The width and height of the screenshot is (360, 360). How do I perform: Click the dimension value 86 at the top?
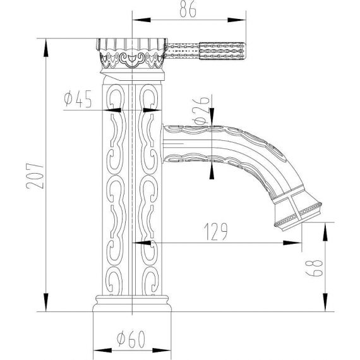point(188,9)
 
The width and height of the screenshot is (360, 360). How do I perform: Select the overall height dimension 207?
point(35,176)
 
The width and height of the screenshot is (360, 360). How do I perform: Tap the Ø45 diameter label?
point(78,99)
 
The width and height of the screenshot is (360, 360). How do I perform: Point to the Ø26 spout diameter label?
point(201,110)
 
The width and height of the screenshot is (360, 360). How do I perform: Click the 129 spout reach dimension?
point(216,231)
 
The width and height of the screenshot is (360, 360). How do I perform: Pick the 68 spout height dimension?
point(315,268)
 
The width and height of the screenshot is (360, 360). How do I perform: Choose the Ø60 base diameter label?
point(131,339)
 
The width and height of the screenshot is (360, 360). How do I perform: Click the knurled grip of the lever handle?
point(222,51)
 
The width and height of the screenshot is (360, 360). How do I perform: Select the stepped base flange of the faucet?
point(132,303)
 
